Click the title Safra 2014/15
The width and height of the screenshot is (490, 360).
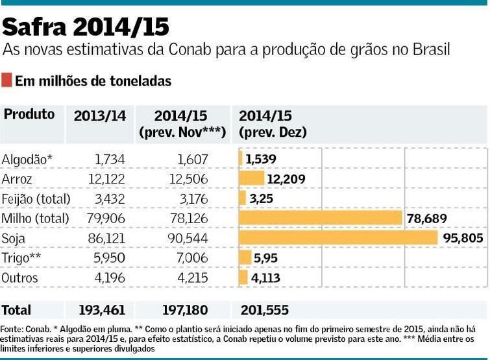coord(86,27)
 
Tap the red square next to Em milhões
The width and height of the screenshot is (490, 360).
coord(6,80)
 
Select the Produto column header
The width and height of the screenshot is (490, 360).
coord(29,114)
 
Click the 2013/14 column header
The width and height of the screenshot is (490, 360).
coord(99,116)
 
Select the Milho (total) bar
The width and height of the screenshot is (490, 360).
coord(321,218)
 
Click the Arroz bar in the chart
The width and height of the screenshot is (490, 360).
coord(251,178)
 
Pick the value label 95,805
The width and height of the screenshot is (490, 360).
coord(463,238)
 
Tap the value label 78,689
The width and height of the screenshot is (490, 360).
coord(427,219)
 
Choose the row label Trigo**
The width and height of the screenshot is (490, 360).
coord(21,258)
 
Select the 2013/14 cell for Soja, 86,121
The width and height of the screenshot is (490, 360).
coord(106,238)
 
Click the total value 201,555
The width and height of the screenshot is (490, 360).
coord(264,311)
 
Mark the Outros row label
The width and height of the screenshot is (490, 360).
coord(20,278)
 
